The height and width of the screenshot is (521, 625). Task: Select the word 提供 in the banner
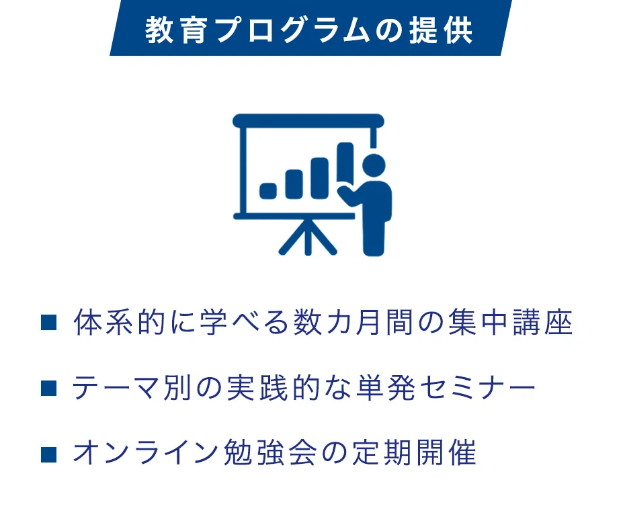(442, 30)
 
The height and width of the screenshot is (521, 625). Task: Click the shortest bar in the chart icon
(268, 190)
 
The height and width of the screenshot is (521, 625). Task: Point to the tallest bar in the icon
(345, 163)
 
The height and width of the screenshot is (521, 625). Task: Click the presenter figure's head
(374, 165)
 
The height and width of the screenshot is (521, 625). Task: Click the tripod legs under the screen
(308, 237)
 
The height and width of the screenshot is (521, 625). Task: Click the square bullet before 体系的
(48, 322)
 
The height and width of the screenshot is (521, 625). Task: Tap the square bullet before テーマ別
(48, 388)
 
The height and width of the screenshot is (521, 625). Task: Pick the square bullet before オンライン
(48, 454)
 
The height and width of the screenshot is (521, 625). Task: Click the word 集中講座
(510, 322)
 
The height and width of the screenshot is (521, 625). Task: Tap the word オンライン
(145, 454)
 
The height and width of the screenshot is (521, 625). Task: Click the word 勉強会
(270, 454)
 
